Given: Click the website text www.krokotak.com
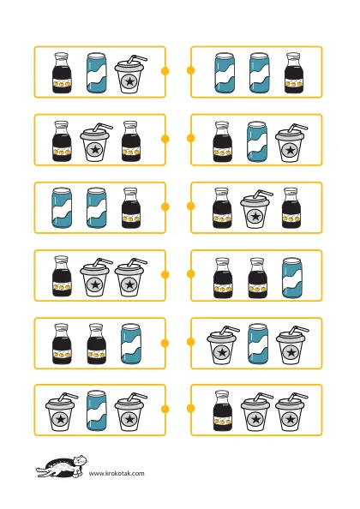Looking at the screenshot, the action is (117, 473).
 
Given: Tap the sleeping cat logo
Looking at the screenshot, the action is (62, 466).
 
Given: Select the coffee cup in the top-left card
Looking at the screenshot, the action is (129, 75).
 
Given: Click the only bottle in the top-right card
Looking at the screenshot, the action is (294, 73).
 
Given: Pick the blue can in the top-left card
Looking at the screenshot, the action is (96, 73).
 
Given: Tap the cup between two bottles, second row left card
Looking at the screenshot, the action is (96, 142).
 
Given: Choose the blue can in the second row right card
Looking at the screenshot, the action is (257, 141).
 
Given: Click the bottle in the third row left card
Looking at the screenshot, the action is (131, 207).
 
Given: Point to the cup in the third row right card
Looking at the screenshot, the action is (255, 209).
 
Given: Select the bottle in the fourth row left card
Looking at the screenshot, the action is (62, 276).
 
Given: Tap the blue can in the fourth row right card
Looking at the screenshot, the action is (292, 278).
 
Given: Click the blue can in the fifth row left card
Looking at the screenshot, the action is (131, 344).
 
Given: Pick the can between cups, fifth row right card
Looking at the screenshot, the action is (258, 344).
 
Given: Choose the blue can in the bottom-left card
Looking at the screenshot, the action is (96, 410).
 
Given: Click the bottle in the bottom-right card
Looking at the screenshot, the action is (223, 410).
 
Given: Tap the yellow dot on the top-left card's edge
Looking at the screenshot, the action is (165, 71).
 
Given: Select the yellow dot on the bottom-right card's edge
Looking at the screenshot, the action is (191, 409).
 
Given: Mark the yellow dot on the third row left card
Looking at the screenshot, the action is (165, 207).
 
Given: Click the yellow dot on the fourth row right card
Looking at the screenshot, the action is (191, 274).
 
